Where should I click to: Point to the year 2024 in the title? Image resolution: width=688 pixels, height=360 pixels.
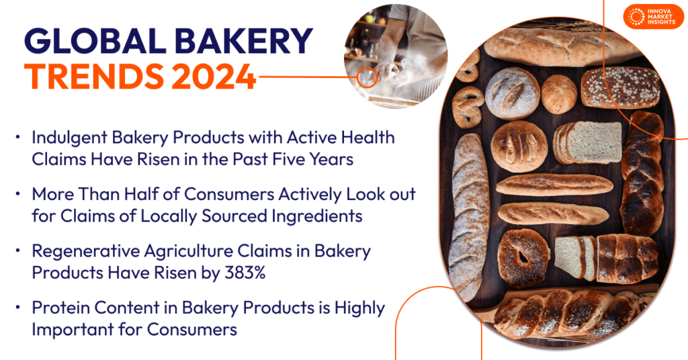[x=213, y=77]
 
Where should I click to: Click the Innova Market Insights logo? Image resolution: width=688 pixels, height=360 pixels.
[x=653, y=17]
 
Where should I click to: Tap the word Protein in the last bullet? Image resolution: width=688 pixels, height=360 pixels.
[x=58, y=308]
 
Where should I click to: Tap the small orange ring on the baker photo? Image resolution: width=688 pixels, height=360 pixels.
[x=367, y=77]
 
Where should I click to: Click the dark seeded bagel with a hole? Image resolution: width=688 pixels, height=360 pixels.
[x=523, y=258]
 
